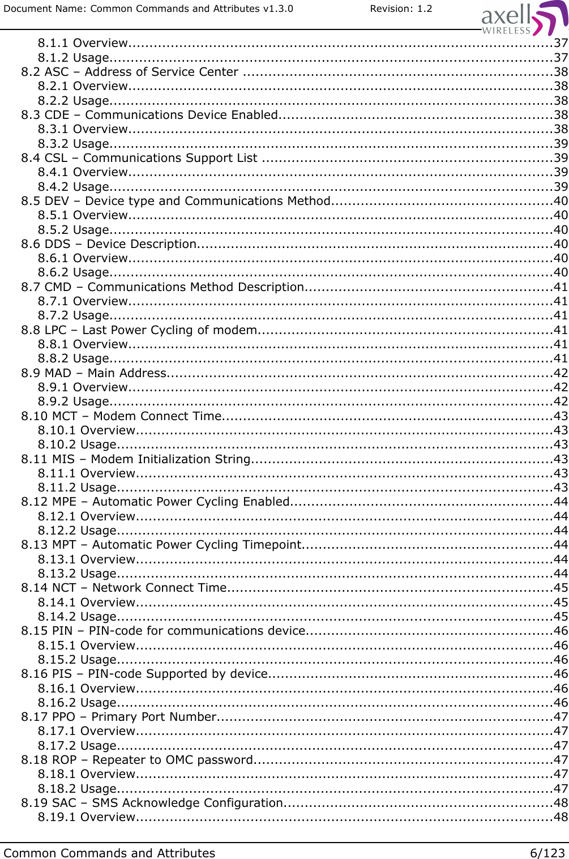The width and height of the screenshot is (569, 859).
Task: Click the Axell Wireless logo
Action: click(524, 19)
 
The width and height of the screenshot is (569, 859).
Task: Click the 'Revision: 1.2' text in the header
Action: click(401, 8)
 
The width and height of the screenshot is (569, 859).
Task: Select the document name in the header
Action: click(148, 8)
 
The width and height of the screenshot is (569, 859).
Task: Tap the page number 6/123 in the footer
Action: click(547, 853)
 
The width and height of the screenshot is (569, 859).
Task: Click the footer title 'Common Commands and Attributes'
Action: click(109, 853)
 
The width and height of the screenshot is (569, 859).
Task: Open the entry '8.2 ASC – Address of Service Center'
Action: click(130, 72)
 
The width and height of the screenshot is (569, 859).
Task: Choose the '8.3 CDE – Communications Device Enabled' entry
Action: click(149, 115)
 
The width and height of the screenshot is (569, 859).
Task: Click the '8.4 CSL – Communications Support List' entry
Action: click(139, 158)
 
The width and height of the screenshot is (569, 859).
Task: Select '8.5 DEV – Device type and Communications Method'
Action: click(176, 201)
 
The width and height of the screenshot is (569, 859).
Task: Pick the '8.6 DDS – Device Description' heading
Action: click(109, 244)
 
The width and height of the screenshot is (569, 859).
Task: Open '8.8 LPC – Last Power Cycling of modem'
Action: click(139, 330)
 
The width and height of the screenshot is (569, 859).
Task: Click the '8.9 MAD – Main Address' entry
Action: click(94, 373)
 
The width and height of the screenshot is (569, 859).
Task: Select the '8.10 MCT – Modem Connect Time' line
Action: click(121, 416)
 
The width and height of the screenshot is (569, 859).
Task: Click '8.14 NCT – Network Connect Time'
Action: click(124, 588)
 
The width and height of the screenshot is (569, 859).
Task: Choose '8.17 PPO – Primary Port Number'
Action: click(119, 717)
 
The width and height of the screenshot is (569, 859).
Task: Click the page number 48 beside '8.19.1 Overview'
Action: click(561, 817)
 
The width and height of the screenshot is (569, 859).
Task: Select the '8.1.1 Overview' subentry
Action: click(83, 43)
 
